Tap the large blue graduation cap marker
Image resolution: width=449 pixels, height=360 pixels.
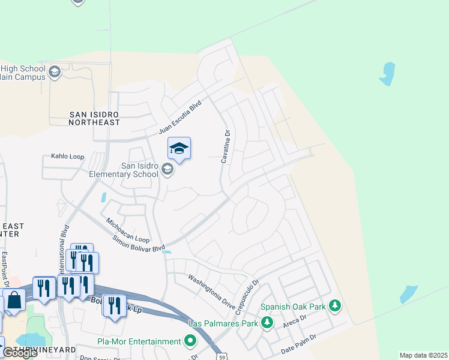tap(179, 148)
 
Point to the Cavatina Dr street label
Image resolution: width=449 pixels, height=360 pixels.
tap(225, 148)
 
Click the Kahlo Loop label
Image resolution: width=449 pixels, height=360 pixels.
tap(63, 157)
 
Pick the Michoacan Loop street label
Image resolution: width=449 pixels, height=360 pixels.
tap(127, 230)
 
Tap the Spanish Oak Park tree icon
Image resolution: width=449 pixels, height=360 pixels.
tap(335, 307)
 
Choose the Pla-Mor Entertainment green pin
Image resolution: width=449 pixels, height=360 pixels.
tap(190, 341)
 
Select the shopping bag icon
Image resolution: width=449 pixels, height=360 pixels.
tap(14, 301)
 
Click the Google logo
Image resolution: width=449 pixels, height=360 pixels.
tap(19, 353)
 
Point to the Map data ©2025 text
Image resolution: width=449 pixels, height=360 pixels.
tap(423, 355)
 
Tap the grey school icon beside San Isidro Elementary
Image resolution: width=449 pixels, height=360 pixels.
tap(167, 170)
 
